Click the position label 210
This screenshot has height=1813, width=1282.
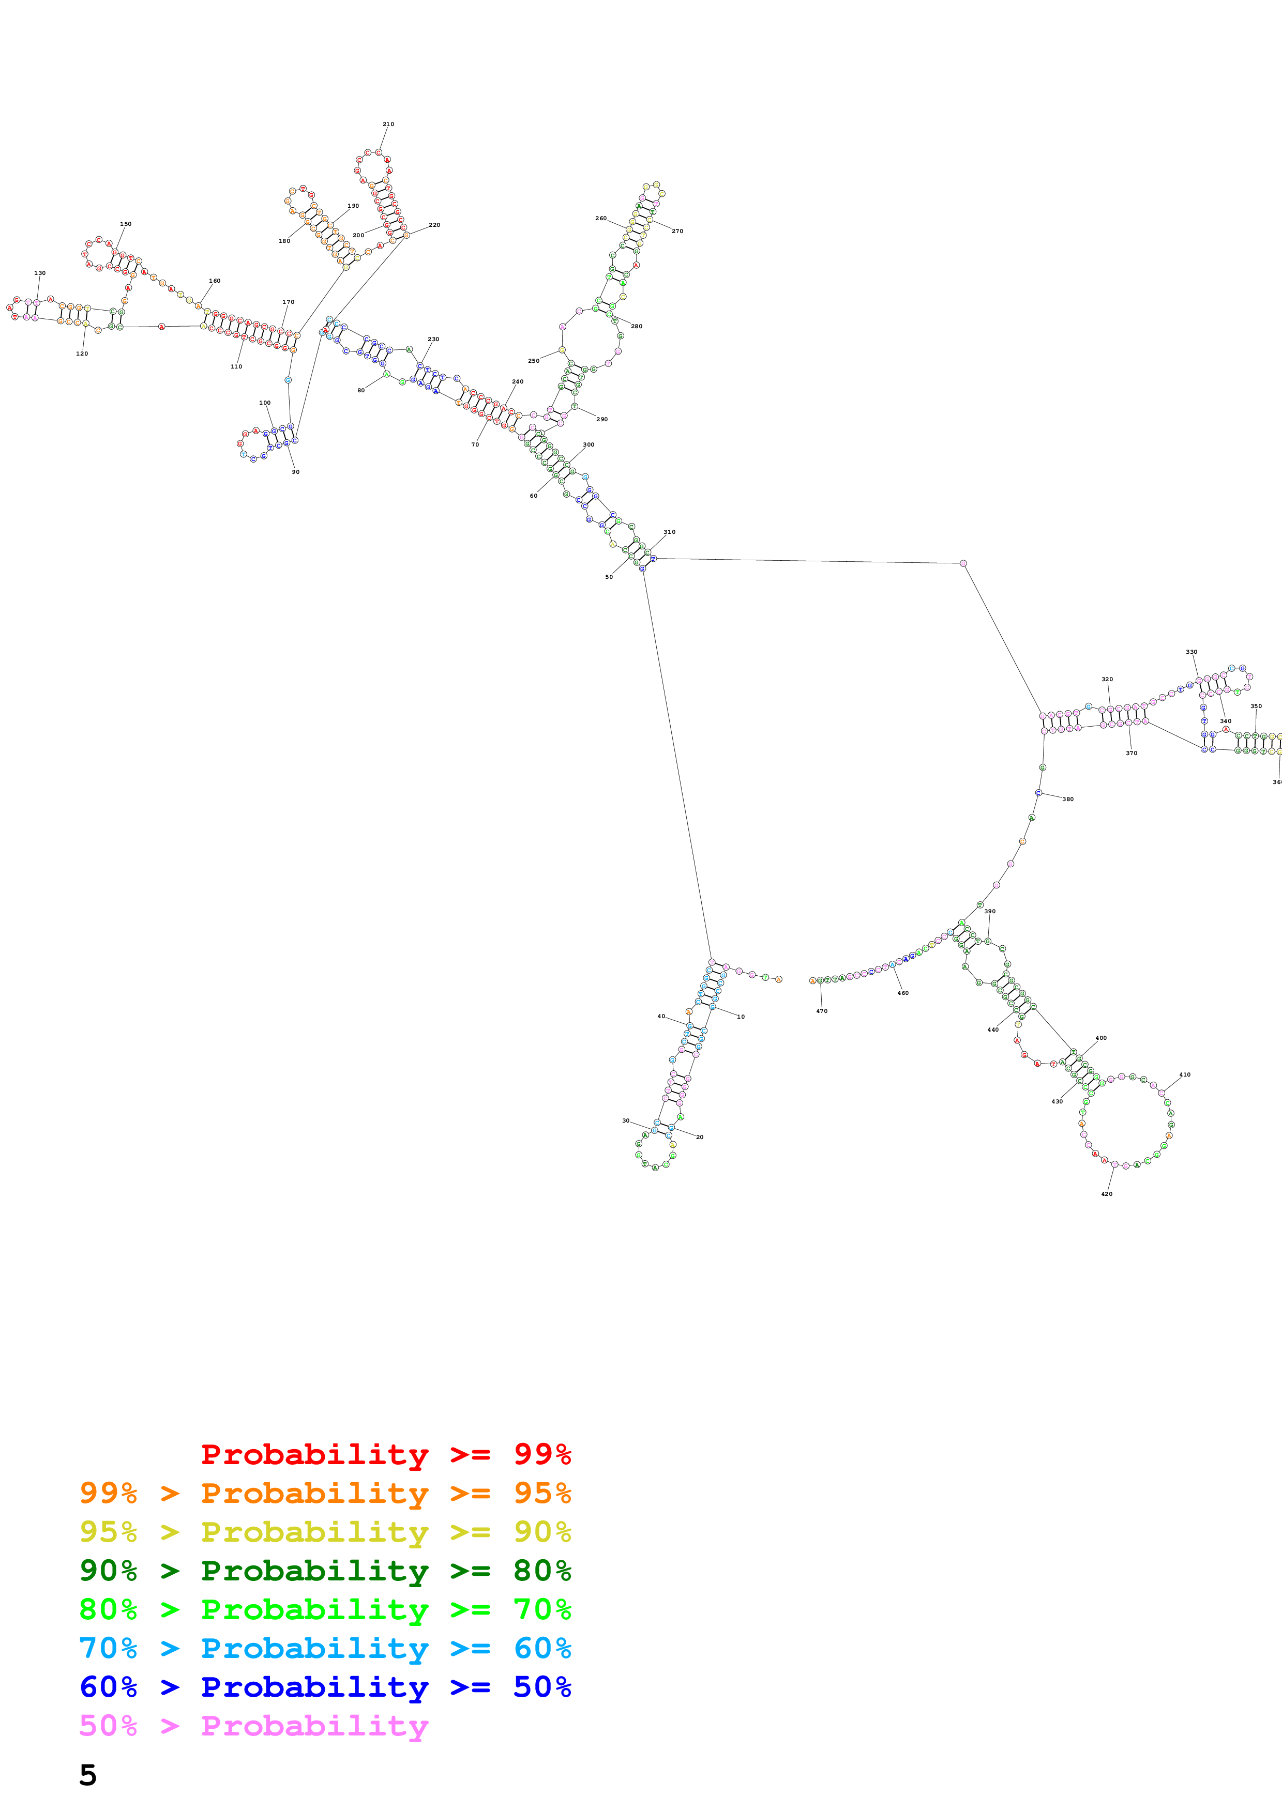[x=388, y=124]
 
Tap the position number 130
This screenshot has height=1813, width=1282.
[x=39, y=273]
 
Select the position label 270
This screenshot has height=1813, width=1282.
[x=677, y=232]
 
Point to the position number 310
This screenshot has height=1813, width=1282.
[x=669, y=532]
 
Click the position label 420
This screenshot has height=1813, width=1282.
[x=1107, y=1194]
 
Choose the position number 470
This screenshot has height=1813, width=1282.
[x=822, y=1011]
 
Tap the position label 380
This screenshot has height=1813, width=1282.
[x=1067, y=799]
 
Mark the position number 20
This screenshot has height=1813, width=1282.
[x=699, y=1137]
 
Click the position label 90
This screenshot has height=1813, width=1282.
[x=295, y=472]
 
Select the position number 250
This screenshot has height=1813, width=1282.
[x=533, y=361]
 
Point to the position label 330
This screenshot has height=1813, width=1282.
[x=1191, y=652]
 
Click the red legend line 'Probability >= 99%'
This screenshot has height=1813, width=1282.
[x=385, y=1454]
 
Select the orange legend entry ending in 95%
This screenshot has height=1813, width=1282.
[x=325, y=1493]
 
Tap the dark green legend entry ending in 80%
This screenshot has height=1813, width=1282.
[x=325, y=1571]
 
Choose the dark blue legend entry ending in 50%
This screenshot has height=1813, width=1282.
[x=325, y=1687]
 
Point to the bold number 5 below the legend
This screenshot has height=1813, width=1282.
[x=88, y=1775]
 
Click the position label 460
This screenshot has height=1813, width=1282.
[x=903, y=993]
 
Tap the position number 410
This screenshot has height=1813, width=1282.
[x=1184, y=1074]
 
